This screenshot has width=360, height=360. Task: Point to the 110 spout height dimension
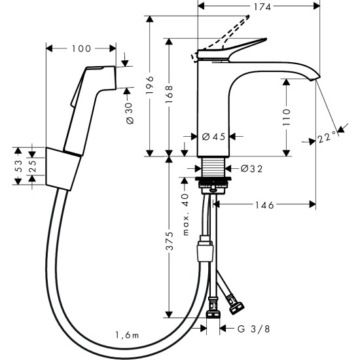[287, 117]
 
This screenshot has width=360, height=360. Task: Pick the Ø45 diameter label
[213, 137]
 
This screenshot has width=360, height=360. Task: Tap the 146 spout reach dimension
[265, 205]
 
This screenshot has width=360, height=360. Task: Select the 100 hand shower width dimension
[82, 48]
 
